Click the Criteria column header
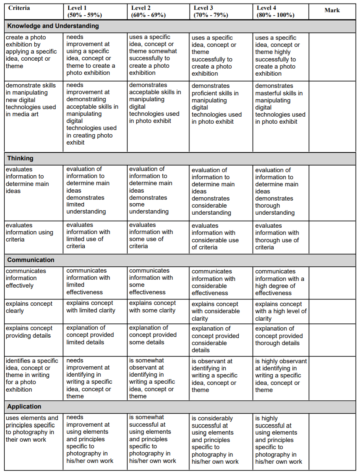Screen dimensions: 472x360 click(x=19, y=8)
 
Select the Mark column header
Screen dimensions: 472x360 click(x=332, y=10)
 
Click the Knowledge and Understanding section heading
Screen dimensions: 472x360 click(x=53, y=26)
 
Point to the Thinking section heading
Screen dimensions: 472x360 click(x=20, y=158)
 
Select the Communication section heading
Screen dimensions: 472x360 click(x=31, y=260)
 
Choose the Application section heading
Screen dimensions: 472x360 click(x=24, y=407)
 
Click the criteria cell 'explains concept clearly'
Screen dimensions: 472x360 click(x=29, y=307)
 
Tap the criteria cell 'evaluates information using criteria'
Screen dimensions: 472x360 click(x=29, y=232)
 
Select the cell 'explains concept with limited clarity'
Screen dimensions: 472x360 click(x=91, y=307)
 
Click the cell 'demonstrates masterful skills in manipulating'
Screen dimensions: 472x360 click(x=280, y=104)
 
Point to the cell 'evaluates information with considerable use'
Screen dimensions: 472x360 click(x=215, y=236)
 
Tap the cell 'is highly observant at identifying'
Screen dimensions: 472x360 click(x=280, y=375)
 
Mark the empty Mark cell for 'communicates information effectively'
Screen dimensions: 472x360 click(x=332, y=282)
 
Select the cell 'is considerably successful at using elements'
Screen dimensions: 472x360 click(x=215, y=439)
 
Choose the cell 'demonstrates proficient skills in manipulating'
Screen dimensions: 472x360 click(x=217, y=104)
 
